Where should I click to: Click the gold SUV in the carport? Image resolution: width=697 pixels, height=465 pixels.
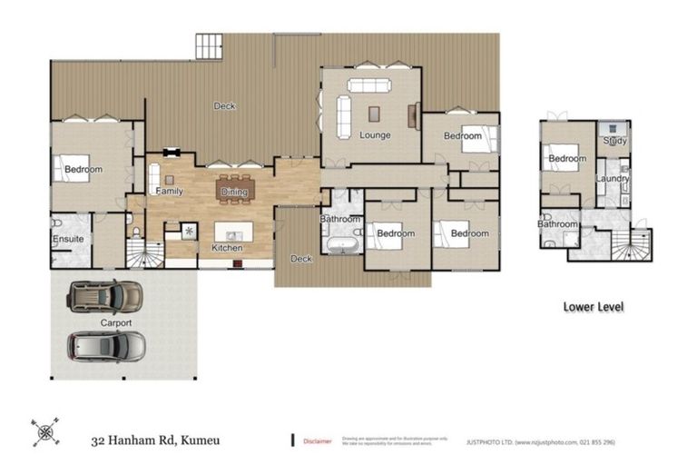click(x=105, y=296)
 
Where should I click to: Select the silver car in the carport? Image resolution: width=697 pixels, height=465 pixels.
click(x=106, y=346)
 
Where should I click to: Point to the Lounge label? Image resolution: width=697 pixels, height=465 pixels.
click(x=375, y=135)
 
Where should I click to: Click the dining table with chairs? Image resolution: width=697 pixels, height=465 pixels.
click(x=236, y=189)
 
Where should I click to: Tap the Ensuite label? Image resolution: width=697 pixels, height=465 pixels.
click(x=68, y=239)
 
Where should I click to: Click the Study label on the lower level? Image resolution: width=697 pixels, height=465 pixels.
click(x=614, y=141)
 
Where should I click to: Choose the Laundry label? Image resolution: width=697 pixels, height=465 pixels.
click(x=613, y=178)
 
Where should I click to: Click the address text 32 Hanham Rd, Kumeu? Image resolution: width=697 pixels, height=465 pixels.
click(x=154, y=441)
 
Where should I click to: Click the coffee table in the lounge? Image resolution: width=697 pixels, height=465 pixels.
click(x=374, y=113)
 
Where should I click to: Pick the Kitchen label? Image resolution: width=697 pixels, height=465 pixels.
click(x=226, y=248)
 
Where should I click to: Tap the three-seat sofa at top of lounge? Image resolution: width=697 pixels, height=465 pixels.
click(x=369, y=86)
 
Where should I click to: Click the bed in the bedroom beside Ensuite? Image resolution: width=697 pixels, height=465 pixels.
click(x=70, y=169)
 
